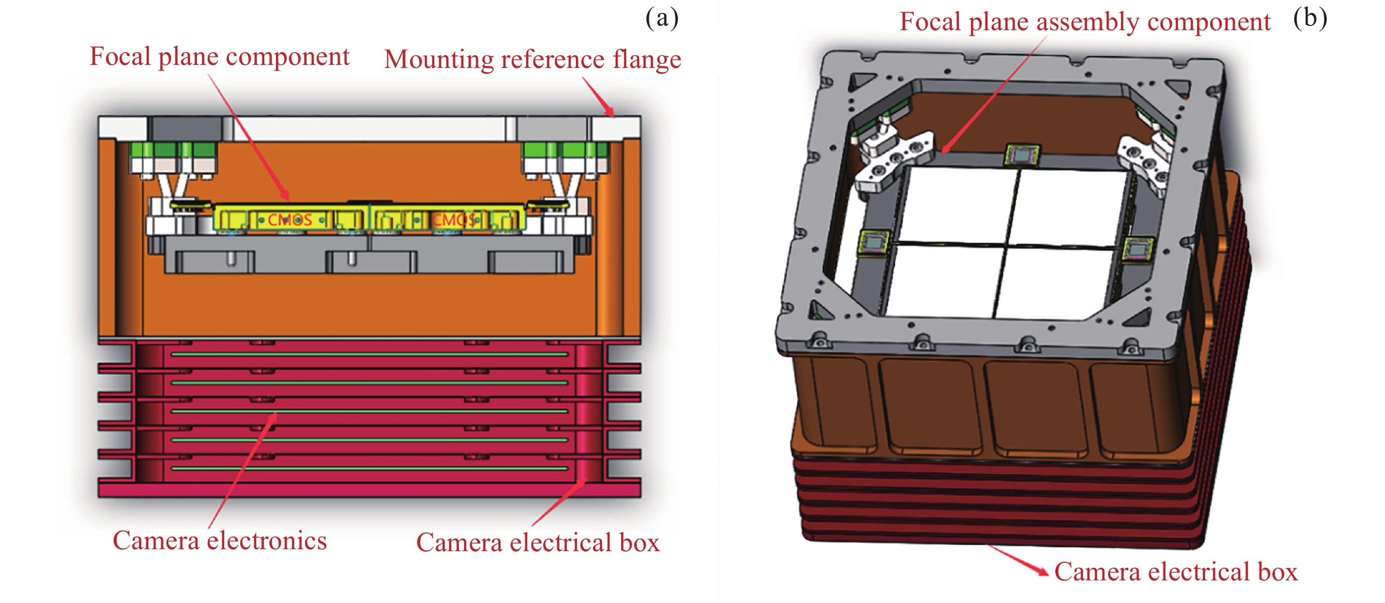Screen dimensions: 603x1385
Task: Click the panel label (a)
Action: (662, 18)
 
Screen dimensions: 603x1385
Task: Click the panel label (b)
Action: (1310, 18)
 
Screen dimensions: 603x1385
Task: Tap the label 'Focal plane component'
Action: (220, 56)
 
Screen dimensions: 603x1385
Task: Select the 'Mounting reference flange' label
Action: (532, 59)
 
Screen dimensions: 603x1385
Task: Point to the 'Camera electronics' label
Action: (220, 541)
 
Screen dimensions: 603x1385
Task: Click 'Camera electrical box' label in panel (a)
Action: (538, 543)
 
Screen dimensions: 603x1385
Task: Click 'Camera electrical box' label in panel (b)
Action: (1176, 572)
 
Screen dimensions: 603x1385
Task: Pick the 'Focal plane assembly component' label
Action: (1085, 22)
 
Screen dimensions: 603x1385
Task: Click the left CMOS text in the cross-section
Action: (290, 219)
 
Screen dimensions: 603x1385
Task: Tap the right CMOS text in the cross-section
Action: (454, 219)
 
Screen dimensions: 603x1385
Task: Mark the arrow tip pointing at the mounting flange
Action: (612, 115)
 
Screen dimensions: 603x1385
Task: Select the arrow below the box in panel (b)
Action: (1019, 561)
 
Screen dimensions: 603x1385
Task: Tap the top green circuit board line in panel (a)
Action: (369, 355)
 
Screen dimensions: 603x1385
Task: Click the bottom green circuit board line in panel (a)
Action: (369, 469)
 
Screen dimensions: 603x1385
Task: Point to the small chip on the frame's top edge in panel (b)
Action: (1022, 154)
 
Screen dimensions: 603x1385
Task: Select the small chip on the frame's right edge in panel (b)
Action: (1137, 249)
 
